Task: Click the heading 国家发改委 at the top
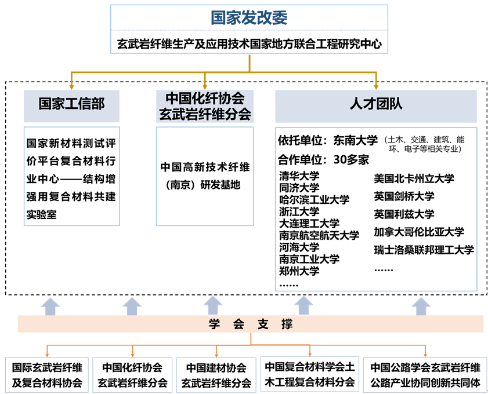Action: [249, 18]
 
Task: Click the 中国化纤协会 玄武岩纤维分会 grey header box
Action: [205, 105]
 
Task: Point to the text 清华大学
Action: [299, 176]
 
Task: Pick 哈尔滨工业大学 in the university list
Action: [314, 200]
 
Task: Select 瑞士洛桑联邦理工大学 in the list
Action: [424, 250]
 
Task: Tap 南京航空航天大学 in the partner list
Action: [319, 235]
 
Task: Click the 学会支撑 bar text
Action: [250, 324]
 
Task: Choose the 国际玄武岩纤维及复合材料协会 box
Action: [47, 374]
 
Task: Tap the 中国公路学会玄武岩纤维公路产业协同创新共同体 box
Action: [425, 374]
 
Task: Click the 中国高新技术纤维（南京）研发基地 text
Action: [205, 176]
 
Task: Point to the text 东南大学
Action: [355, 140]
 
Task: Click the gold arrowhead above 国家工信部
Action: [71, 85]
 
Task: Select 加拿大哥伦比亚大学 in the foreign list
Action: [419, 232]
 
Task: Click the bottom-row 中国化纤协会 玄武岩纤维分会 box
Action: [132, 375]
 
